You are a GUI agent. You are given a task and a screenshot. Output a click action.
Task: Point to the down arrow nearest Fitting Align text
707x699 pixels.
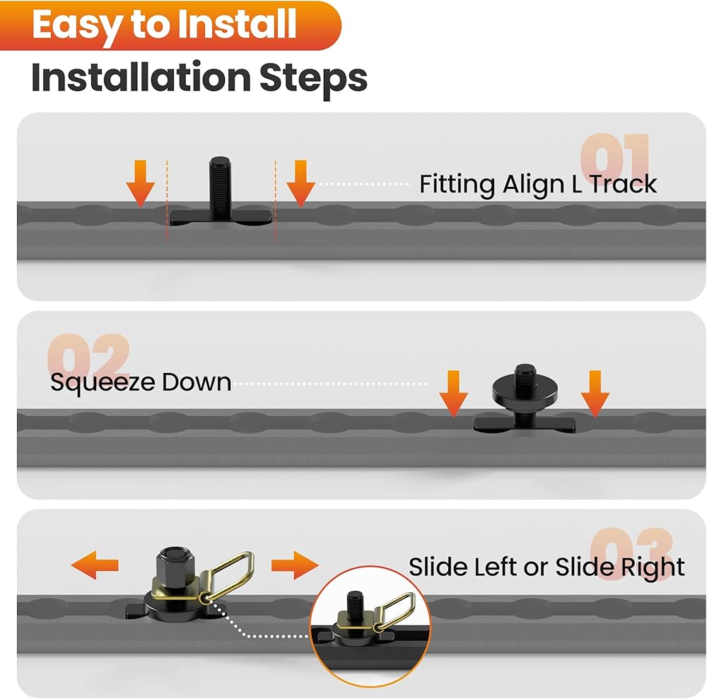pos(300,183)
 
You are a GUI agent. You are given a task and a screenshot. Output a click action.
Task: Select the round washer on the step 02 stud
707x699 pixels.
pos(524,387)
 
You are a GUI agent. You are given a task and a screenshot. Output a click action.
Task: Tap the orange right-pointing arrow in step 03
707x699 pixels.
pos(295,565)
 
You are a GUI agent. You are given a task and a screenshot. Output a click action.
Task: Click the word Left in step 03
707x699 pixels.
pos(495,567)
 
